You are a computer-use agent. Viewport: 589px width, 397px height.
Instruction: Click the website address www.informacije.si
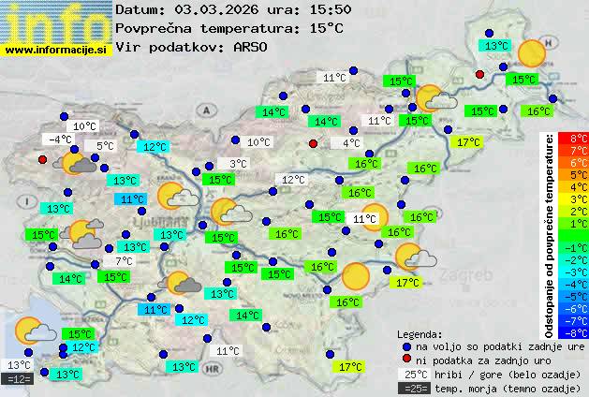[x=55, y=50]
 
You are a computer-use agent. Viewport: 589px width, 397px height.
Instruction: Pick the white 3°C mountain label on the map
[x=238, y=164]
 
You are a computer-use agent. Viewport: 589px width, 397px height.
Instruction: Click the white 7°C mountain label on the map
[x=124, y=261]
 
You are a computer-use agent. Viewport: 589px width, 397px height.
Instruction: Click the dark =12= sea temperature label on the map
[x=18, y=379]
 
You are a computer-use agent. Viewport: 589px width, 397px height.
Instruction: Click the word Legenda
[x=420, y=333]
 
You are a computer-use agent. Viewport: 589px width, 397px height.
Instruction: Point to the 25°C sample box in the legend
[x=414, y=374]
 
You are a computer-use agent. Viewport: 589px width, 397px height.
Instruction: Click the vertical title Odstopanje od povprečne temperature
[x=551, y=234]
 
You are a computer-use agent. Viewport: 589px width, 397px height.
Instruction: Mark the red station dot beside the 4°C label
[x=314, y=143]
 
